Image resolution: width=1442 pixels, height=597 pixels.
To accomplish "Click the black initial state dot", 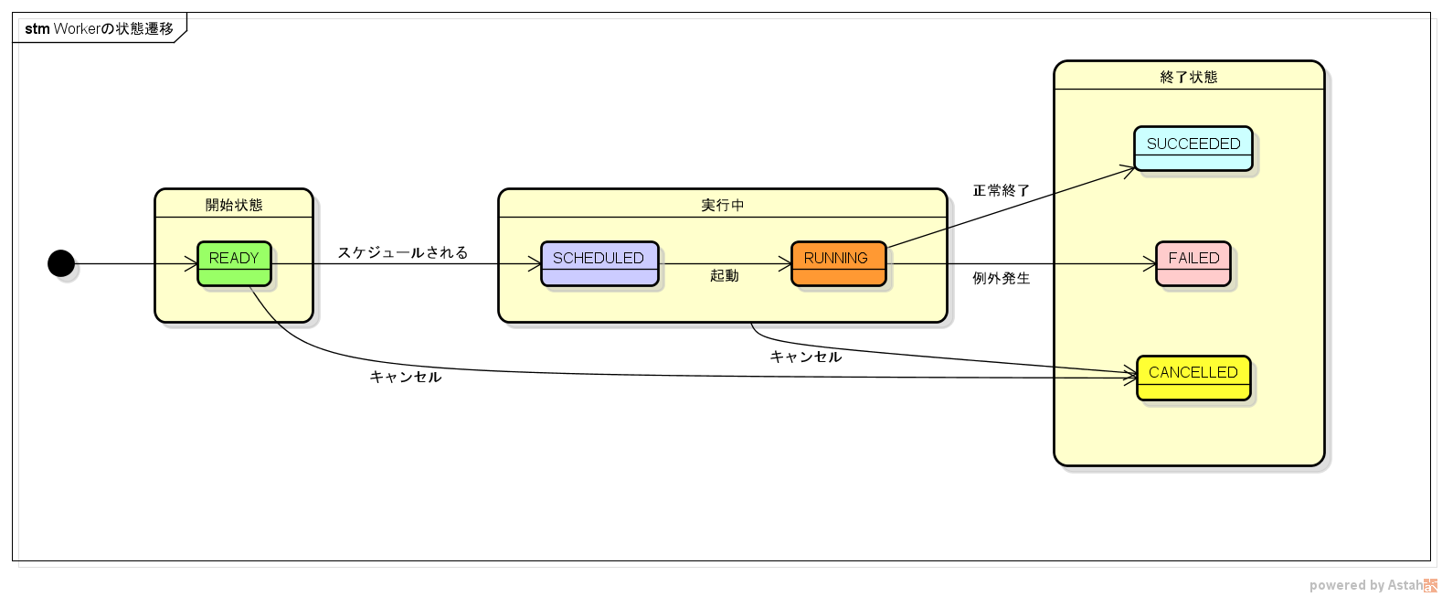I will pos(61,263).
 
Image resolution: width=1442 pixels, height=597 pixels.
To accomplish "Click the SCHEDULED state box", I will pos(599,263).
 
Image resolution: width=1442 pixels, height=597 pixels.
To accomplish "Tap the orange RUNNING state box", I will pos(838,263).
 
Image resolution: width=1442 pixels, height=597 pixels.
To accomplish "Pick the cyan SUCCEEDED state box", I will pos(1193,148).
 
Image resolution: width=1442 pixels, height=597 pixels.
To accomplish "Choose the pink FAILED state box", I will pos(1193,263).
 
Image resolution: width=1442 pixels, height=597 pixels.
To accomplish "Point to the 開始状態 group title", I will pos(234,205).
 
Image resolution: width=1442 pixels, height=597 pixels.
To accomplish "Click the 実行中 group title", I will pos(722,205).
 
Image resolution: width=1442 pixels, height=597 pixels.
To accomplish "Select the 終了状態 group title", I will pos(1188,77).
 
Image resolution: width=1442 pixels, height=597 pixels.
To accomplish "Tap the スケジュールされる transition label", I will pos(403,252).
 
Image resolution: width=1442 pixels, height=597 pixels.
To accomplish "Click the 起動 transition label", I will pos(724,275).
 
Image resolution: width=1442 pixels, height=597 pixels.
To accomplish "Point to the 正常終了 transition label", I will pos(1001,190).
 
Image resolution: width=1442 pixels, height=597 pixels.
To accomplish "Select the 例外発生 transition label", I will pos(1001,278).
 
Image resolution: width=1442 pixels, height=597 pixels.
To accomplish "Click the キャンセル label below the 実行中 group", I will pos(805,357).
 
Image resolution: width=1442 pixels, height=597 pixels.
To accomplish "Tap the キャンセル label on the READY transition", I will pos(405,377).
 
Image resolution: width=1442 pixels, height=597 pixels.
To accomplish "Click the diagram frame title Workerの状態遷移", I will pos(99,28).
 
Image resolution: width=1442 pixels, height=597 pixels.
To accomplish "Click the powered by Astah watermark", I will pos(1371,585).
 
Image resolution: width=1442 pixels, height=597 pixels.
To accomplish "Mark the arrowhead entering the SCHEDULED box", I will pos(535,264).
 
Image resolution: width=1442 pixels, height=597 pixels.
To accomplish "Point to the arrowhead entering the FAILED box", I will pos(1150,264).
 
